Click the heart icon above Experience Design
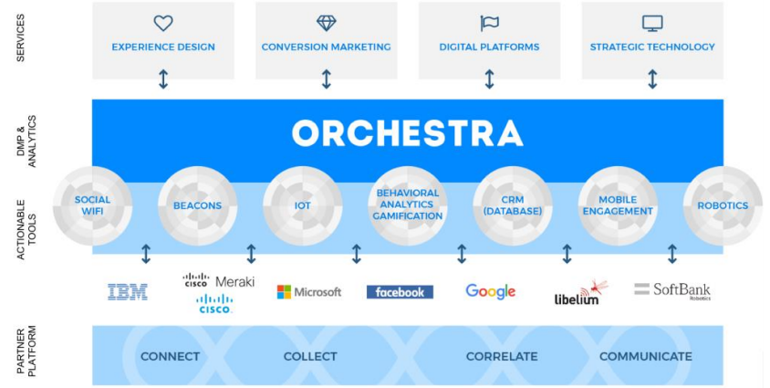coord(163,23)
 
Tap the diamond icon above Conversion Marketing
coord(326,23)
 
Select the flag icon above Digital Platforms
coord(489,23)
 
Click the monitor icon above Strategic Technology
coord(652,23)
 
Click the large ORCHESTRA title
coord(408,133)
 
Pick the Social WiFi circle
coord(92,205)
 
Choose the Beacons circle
coord(197,205)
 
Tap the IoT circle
coord(302,205)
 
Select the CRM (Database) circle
coord(513,205)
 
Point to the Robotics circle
coord(722,205)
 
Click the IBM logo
coord(127,292)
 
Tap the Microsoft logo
coord(309,292)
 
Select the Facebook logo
coord(400,292)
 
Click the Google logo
coord(491,291)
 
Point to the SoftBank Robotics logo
coord(672,290)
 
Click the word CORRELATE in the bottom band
coord(502,356)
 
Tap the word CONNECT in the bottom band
coord(171,356)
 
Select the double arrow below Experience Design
coord(163,79)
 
